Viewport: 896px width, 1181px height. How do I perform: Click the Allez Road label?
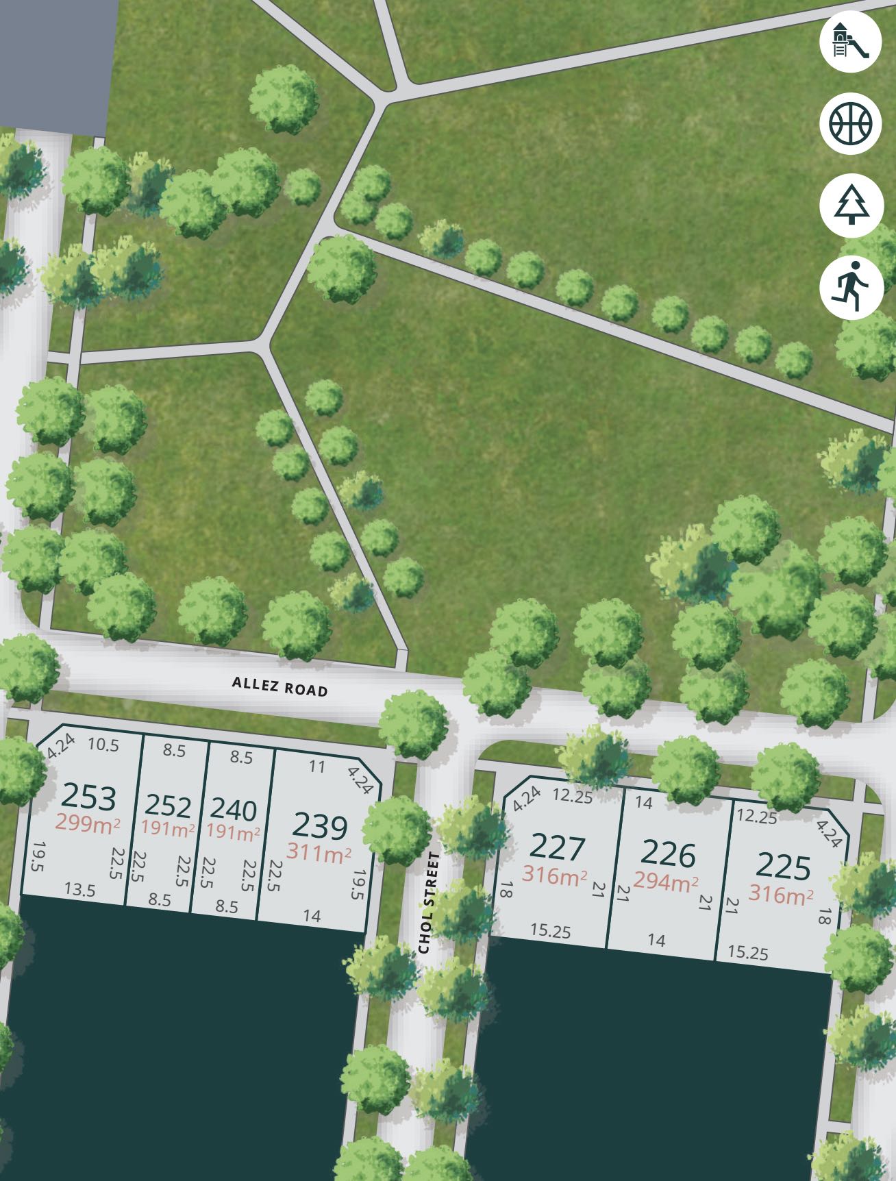pyautogui.click(x=279, y=686)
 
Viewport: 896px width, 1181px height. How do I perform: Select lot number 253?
pyautogui.click(x=89, y=797)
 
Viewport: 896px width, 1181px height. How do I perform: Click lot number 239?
pyautogui.click(x=320, y=826)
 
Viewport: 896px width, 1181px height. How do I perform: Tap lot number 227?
pyautogui.click(x=558, y=849)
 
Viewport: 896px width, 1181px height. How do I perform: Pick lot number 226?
pyautogui.click(x=669, y=854)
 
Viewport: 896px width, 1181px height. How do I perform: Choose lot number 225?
pyautogui.click(x=783, y=868)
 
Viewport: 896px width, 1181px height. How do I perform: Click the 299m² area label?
pyautogui.click(x=88, y=822)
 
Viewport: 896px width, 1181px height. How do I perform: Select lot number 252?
pyautogui.click(x=168, y=806)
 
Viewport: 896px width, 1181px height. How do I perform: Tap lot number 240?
pyautogui.click(x=234, y=810)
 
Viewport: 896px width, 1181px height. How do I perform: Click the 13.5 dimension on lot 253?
pyautogui.click(x=80, y=890)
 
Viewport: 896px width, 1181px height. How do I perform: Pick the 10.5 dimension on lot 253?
pyautogui.click(x=103, y=745)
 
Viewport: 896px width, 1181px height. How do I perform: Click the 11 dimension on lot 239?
pyautogui.click(x=316, y=766)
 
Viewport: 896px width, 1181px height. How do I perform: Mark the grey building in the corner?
pyautogui.click(x=55, y=62)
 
